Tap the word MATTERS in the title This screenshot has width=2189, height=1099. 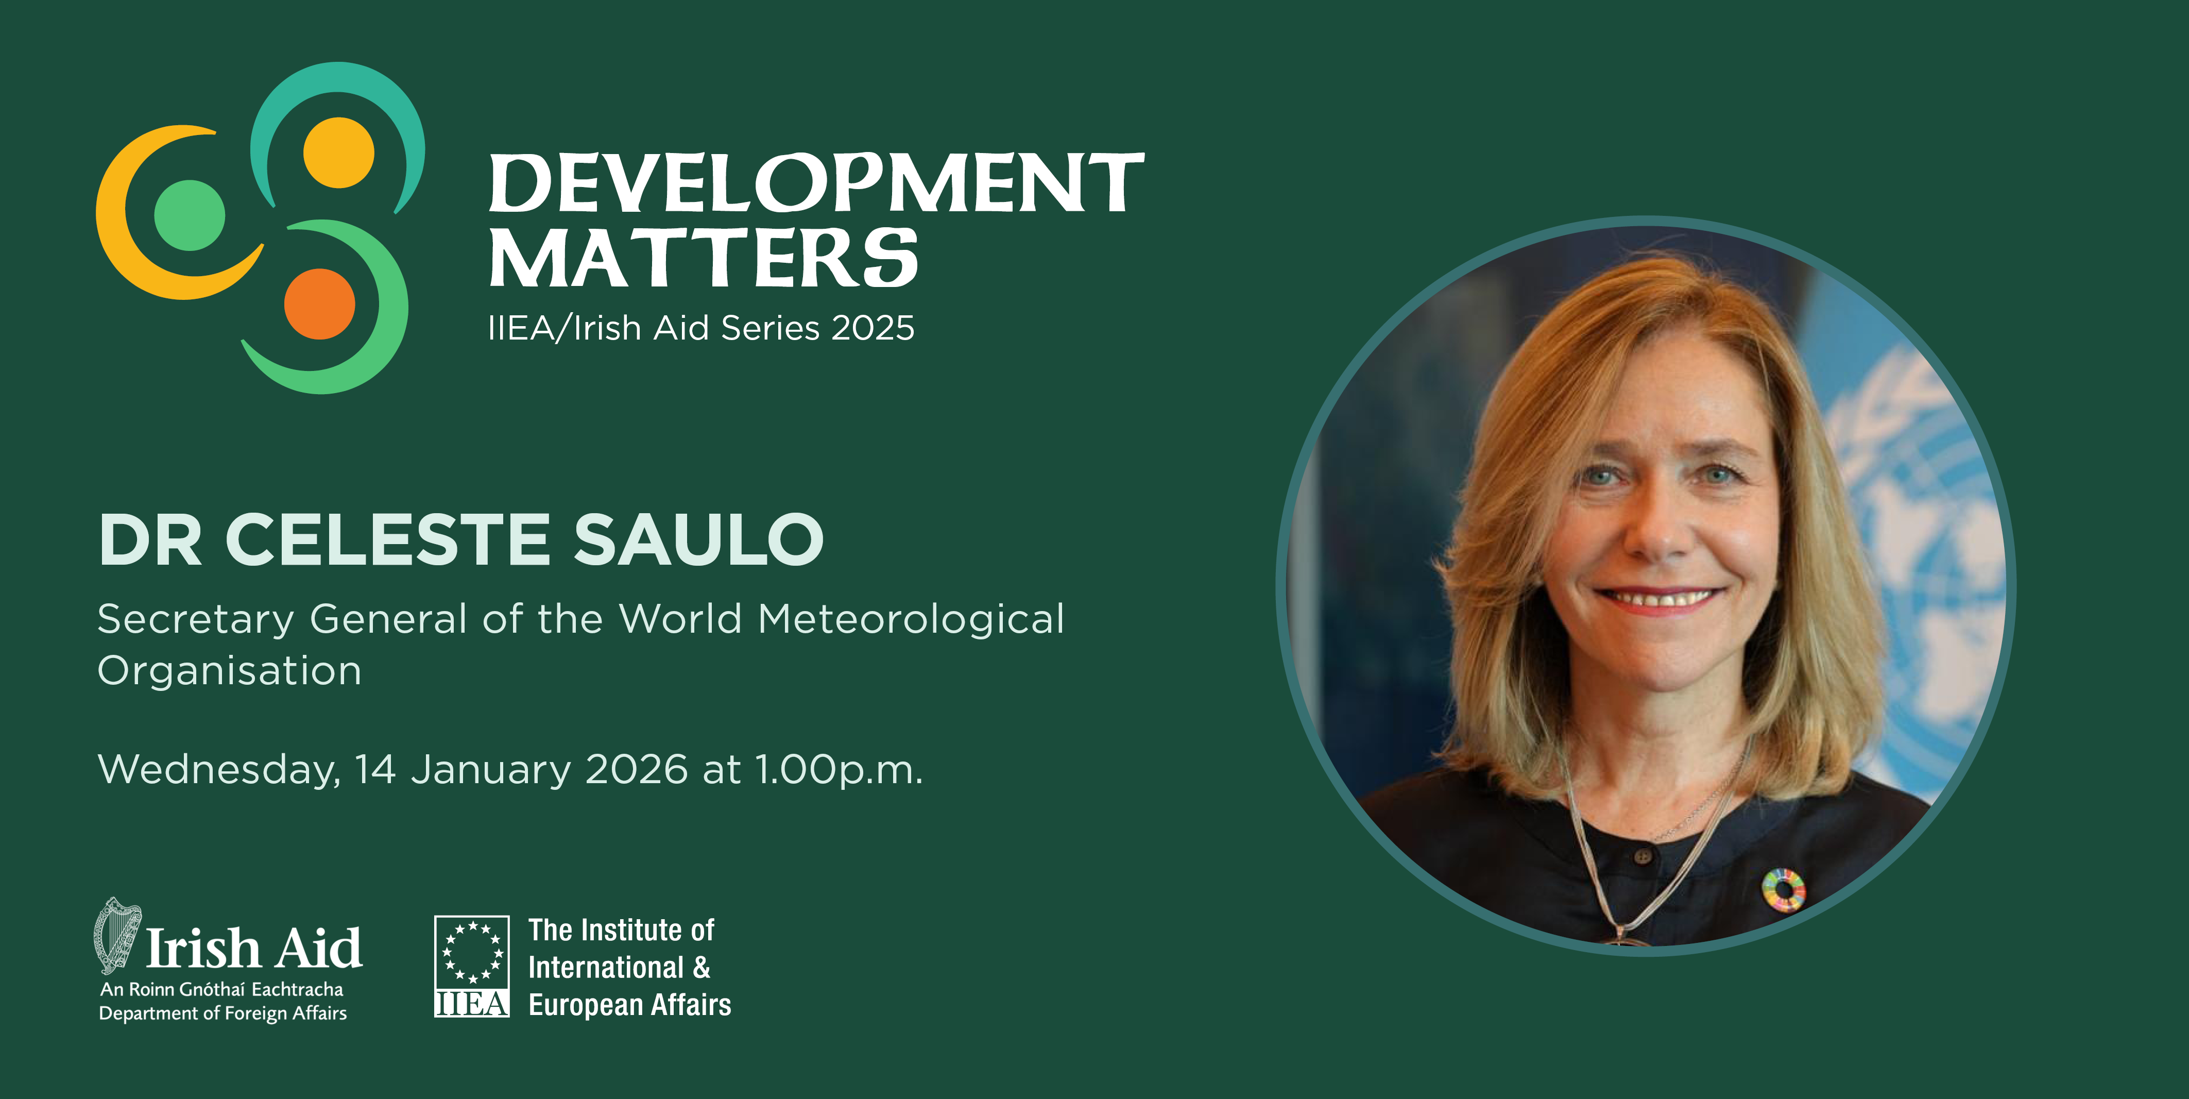click(704, 258)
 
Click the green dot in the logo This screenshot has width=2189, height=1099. click(190, 215)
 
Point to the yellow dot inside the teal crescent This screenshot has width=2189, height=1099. click(338, 152)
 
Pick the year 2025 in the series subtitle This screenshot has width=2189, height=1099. click(873, 328)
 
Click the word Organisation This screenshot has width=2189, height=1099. click(229, 671)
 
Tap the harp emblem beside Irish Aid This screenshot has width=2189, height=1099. click(116, 935)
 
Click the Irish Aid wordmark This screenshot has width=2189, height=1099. click(254, 948)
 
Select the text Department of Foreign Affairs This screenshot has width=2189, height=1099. click(223, 1013)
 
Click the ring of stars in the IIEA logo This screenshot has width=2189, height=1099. click(472, 952)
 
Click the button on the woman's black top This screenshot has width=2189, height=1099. click(1643, 856)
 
